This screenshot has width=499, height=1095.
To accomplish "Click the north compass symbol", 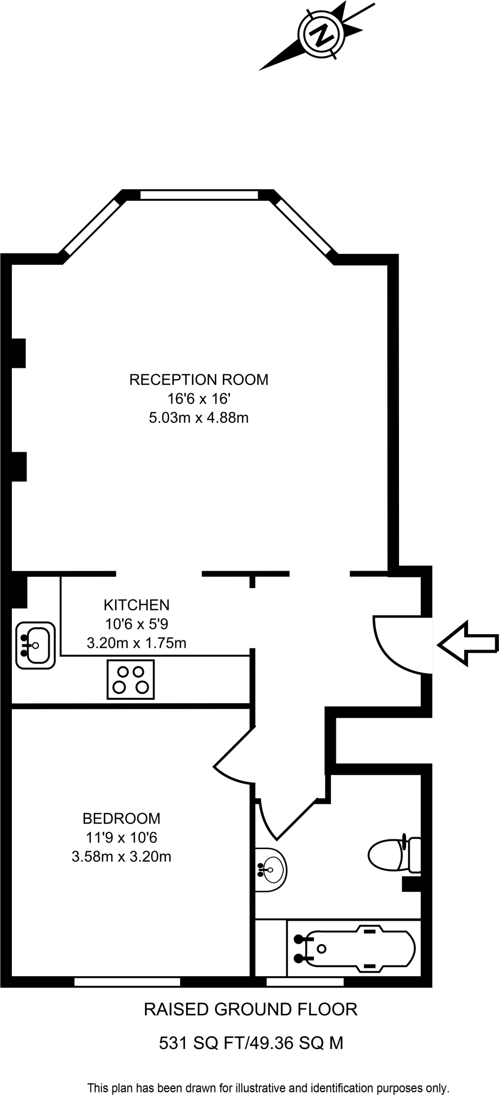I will [x=322, y=36].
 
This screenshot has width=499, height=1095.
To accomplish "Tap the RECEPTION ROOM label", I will [x=198, y=380].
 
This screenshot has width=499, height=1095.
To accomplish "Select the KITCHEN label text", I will [x=136, y=605].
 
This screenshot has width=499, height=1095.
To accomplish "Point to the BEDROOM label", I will [x=121, y=818].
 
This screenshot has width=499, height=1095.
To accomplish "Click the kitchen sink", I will [x=35, y=645].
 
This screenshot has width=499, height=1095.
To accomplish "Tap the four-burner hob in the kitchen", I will [x=131, y=680].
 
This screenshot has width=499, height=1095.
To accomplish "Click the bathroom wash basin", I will [x=271, y=869].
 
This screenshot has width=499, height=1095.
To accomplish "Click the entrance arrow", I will [x=467, y=644].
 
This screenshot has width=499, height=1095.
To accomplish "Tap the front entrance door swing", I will [x=398, y=645].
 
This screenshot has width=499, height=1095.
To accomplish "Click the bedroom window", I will [x=127, y=982].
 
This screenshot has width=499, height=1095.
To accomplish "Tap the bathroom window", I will [x=305, y=982].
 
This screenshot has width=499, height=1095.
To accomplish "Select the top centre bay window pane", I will [x=199, y=195].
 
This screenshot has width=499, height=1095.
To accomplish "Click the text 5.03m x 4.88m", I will [x=198, y=418].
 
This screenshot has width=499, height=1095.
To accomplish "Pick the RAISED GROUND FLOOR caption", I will [x=250, y=1009].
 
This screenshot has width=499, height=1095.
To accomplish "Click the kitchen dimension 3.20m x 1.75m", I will [x=136, y=643].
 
